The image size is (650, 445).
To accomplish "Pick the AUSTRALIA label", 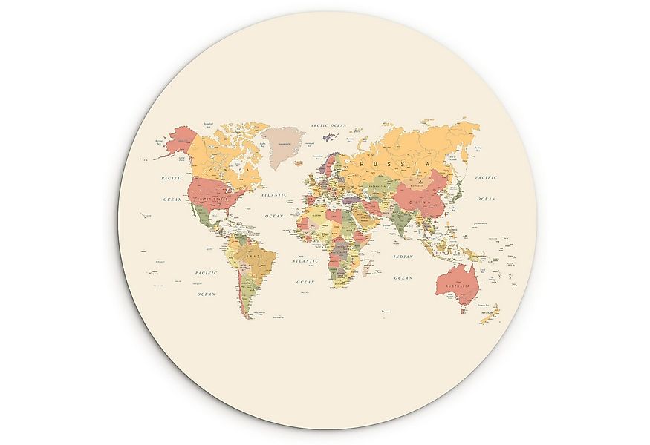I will coord(457,286).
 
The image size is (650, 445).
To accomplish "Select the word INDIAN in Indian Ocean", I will coord(403,257).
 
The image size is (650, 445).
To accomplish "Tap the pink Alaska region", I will coord(179,140).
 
